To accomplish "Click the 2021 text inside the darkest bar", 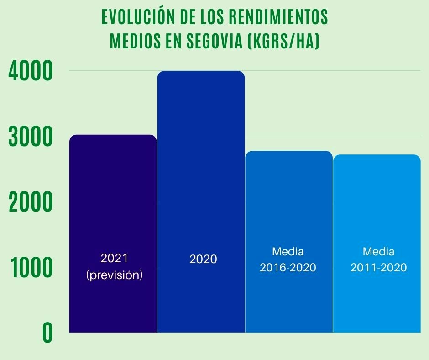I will pyautogui.click(x=114, y=258).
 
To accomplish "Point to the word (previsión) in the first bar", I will pyautogui.click(x=114, y=275).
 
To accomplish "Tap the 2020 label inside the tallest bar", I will pyautogui.click(x=203, y=259).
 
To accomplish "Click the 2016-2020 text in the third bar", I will pyautogui.click(x=288, y=268).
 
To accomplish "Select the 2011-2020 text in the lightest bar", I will pyautogui.click(x=378, y=268).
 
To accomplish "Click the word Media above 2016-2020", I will pyautogui.click(x=288, y=251).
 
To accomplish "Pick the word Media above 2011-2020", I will pyautogui.click(x=378, y=251).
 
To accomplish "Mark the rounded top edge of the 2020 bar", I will pyautogui.click(x=201, y=72).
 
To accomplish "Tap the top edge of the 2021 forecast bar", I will pyautogui.click(x=113, y=135).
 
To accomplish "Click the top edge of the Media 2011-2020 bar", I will pyautogui.click(x=377, y=155).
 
